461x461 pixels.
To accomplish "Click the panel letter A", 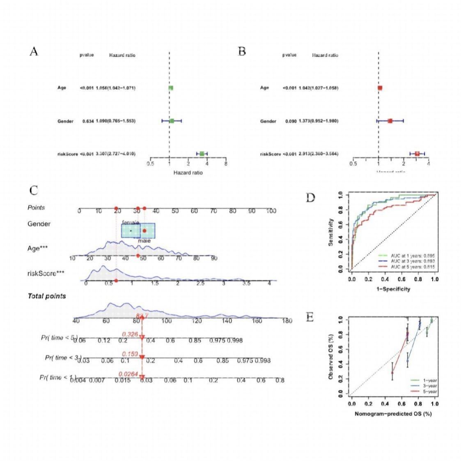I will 34,52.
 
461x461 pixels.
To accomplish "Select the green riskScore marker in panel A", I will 202,154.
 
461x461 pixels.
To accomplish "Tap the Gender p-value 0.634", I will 87,121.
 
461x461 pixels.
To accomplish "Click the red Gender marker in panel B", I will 390,121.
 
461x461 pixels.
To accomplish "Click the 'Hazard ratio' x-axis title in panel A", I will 188,172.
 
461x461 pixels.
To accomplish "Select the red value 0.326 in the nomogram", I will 130,335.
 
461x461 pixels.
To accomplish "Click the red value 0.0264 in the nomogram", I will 127,374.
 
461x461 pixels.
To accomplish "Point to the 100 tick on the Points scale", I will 271,211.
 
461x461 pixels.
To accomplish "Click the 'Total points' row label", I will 46,296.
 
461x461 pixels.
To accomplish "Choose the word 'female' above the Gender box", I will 130,222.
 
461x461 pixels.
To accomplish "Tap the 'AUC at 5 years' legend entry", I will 405,267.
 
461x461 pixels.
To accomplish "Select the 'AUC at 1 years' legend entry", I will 405,255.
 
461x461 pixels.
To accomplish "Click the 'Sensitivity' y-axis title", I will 331,232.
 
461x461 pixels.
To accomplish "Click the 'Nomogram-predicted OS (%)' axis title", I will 393,414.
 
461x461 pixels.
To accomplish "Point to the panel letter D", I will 311,198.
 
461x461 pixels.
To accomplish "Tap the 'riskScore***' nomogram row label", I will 45,273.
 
